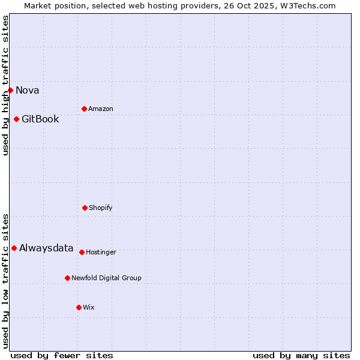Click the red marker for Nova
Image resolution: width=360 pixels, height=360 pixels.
(10, 90)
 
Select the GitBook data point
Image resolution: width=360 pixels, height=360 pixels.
(16, 119)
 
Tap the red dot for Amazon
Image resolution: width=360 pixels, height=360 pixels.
(84, 109)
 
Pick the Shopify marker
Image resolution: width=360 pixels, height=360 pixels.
(85, 208)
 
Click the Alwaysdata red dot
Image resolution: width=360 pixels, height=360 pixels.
(14, 248)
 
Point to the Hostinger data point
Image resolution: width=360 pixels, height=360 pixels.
(82, 252)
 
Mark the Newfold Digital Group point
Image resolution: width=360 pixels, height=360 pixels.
(67, 278)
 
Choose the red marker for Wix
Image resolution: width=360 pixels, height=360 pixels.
(79, 307)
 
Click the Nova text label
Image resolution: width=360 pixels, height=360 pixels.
(28, 91)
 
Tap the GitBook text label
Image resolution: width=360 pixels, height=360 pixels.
(40, 119)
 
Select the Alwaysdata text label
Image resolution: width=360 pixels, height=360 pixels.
(46, 248)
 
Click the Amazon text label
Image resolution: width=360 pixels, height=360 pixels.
(101, 109)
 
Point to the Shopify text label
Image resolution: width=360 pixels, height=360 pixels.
(101, 208)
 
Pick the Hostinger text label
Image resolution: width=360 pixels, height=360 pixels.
(101, 253)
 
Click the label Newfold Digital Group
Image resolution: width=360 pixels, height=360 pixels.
(106, 278)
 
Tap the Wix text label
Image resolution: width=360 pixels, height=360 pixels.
(89, 308)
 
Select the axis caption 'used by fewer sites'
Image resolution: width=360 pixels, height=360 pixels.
(62, 355)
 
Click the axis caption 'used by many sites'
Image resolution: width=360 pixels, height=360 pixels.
(301, 355)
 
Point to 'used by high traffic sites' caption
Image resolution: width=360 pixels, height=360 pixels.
(5, 85)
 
